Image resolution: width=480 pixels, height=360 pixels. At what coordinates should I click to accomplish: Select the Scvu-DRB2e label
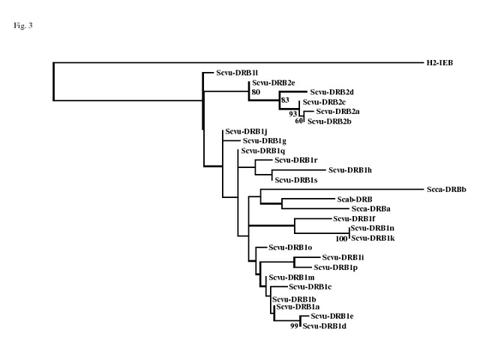(x=274, y=82)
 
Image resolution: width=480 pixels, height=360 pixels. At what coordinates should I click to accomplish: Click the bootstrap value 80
(x=256, y=92)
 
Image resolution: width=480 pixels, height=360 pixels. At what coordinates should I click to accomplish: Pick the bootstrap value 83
(x=285, y=100)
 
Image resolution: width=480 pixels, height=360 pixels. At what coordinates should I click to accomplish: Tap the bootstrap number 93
(x=293, y=114)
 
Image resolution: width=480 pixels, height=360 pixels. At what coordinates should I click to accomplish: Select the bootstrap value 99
(x=295, y=326)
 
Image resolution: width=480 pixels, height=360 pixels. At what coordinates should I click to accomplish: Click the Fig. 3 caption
(x=23, y=26)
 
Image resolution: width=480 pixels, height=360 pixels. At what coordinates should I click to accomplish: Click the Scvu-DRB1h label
(x=350, y=170)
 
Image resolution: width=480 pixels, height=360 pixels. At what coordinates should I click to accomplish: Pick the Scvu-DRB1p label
(x=334, y=268)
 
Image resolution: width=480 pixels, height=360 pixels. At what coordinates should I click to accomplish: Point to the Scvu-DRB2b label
(x=329, y=121)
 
